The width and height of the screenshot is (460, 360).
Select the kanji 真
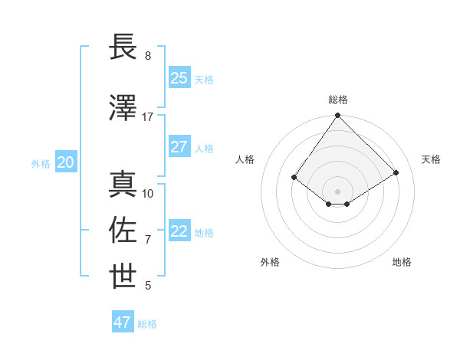pos(123,185)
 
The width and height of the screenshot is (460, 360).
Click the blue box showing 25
pos(179,78)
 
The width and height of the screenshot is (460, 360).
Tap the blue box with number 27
pos(179,147)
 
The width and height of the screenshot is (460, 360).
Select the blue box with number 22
pos(179,231)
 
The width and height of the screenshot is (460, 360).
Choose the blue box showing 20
pos(66,162)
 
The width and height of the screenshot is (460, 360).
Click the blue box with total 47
pos(123,322)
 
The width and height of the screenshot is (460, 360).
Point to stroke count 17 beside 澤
pos(147,117)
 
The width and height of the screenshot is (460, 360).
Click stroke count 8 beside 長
pos(148,56)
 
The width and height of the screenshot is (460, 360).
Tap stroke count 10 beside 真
pos(148,194)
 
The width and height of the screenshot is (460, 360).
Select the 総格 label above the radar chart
pos(338,100)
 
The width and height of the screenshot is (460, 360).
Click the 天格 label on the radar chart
pos(432,159)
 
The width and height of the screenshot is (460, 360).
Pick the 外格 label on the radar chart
pos(270,262)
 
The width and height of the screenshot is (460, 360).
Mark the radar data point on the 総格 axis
pos(337,116)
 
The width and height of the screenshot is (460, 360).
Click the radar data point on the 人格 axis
pos(294,177)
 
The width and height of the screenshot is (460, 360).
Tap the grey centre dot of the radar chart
pos(337,191)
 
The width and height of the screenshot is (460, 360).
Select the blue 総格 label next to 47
pos(147,324)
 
